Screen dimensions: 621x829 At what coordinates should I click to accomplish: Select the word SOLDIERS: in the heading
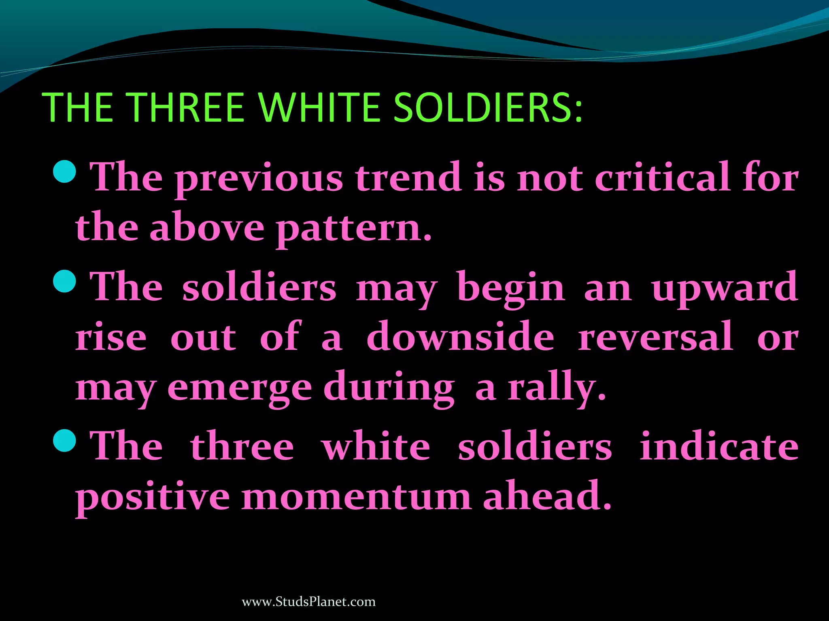click(488, 107)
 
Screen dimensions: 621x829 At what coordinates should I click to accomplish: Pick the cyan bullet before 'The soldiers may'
click(64, 281)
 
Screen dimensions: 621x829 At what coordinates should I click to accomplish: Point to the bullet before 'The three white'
click(64, 441)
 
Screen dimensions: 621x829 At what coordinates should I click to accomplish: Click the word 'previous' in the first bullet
click(259, 178)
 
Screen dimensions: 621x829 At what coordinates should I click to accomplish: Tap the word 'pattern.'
click(355, 229)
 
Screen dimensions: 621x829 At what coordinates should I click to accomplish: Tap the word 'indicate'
click(719, 446)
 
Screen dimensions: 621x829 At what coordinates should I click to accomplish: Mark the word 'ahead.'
click(547, 495)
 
